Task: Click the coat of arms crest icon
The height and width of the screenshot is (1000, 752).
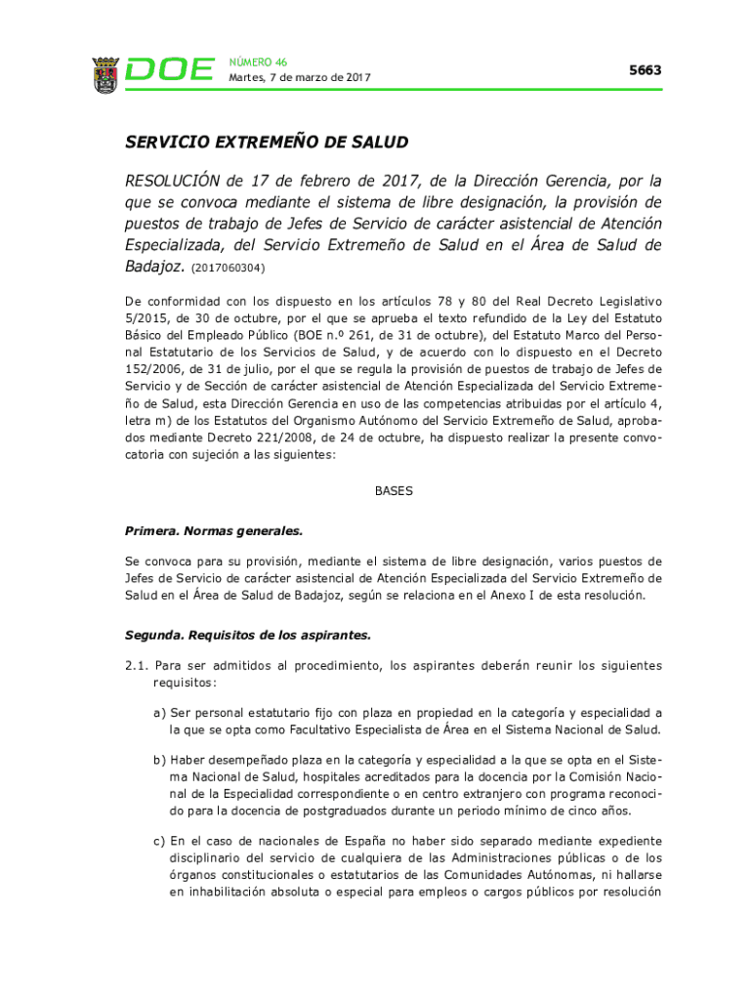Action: (105, 74)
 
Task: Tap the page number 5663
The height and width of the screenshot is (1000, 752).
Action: (645, 70)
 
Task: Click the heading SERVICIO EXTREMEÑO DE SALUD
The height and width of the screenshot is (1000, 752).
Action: (266, 143)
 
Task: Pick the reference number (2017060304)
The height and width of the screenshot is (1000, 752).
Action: (228, 268)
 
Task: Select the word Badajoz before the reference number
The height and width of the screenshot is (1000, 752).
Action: (153, 266)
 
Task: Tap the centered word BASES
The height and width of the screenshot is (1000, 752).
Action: (394, 491)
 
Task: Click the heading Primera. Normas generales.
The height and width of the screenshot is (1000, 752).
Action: (214, 531)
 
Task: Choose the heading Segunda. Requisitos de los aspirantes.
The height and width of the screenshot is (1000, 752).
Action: (248, 635)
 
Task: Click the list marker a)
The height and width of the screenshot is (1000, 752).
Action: (159, 713)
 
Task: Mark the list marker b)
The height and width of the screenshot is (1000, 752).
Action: (159, 760)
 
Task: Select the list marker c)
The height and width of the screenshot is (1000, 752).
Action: (159, 841)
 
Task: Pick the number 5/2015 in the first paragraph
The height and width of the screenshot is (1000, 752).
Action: (146, 317)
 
